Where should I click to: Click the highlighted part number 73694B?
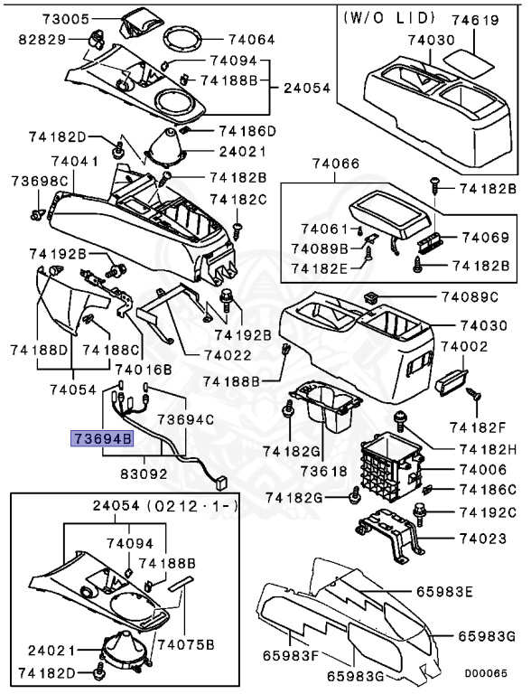point(102,440)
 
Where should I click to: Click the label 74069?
point(486,237)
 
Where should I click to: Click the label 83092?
point(150,472)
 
